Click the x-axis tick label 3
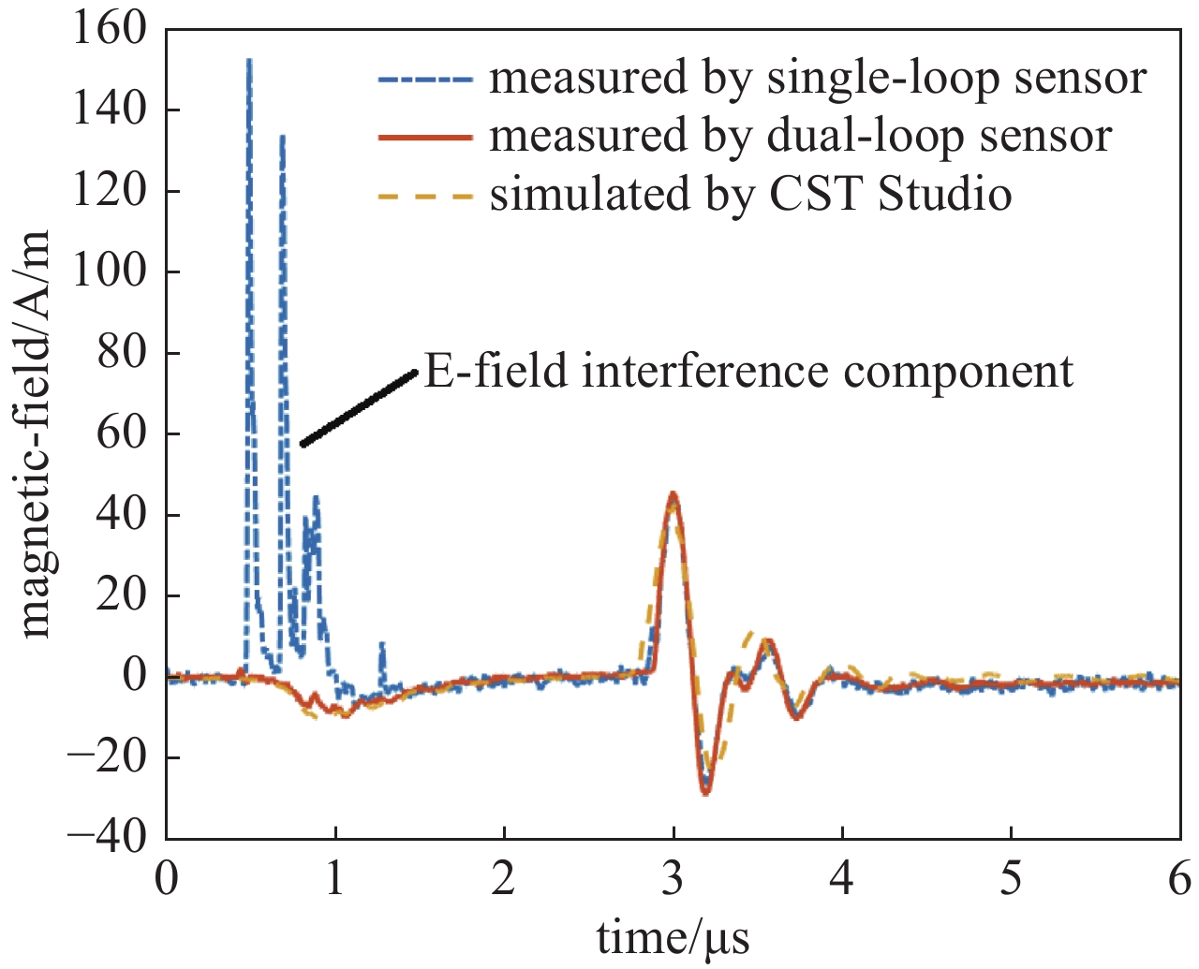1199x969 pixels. [673, 880]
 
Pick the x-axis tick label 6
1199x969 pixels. [1178, 880]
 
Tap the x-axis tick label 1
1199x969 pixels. [334, 880]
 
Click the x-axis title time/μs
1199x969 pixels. [673, 937]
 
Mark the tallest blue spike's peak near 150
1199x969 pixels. [249, 61]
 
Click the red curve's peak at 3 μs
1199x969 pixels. [673, 493]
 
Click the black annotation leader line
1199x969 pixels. [358, 408]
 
